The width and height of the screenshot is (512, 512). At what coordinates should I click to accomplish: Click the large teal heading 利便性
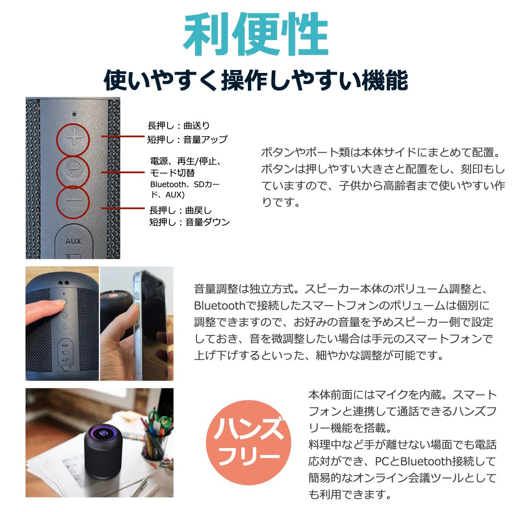[256, 35]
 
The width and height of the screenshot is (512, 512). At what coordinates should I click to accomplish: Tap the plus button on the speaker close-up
[74, 138]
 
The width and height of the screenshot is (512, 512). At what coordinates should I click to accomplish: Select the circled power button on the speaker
[73, 169]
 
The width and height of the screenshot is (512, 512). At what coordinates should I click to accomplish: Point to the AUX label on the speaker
[73, 241]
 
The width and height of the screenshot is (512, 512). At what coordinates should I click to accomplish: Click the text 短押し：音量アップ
[187, 140]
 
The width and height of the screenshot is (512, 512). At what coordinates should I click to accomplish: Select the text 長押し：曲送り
[179, 126]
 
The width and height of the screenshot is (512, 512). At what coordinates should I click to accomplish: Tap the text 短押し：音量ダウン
[189, 222]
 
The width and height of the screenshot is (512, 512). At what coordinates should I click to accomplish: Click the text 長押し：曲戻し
[180, 210]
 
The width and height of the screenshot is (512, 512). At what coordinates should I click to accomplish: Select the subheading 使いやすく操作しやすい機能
[256, 80]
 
